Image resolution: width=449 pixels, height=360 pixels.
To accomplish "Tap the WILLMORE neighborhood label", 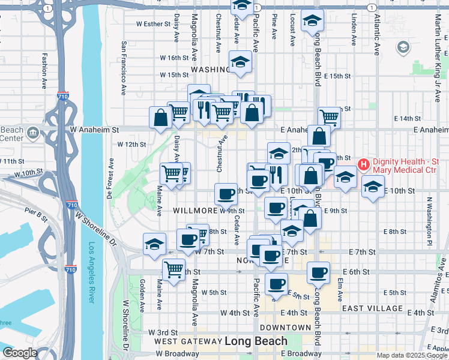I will [x=195, y=211].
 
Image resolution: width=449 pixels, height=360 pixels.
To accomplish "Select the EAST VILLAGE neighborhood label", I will [x=372, y=308].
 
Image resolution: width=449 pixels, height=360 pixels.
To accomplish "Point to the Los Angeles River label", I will [x=92, y=272].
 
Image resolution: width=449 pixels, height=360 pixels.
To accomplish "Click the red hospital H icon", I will [x=363, y=164].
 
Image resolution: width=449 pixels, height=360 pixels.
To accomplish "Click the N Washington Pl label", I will [x=430, y=216].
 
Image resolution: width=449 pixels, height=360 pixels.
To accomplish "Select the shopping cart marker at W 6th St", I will [x=173, y=269].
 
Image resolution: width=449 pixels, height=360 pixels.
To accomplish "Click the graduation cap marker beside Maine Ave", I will [x=154, y=244].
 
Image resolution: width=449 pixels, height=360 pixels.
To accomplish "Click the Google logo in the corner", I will [x=20, y=353].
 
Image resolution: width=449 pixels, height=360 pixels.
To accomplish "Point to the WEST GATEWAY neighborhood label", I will [x=187, y=341].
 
